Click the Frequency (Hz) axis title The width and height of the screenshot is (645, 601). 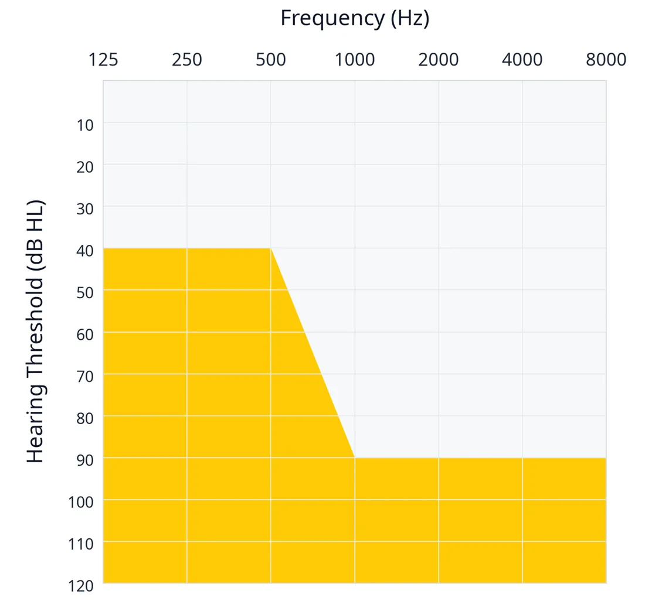[355, 19]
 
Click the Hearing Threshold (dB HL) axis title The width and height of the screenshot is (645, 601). [35, 332]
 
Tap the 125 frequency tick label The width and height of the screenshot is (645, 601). [103, 60]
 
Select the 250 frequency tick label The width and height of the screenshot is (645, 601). [186, 60]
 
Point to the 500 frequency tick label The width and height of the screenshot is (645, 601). [271, 60]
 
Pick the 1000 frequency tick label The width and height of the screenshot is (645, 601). [355, 60]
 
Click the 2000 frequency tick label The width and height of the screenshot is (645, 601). [439, 60]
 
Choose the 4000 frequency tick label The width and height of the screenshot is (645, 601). [522, 60]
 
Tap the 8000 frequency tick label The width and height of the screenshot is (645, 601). [606, 60]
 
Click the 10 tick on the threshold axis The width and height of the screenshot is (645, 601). [85, 125]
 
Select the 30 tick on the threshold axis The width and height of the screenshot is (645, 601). [85, 209]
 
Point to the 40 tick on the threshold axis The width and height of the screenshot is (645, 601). [85, 251]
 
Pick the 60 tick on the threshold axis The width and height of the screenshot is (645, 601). [85, 335]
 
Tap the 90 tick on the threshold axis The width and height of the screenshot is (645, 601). [85, 460]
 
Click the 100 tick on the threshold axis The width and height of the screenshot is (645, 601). [81, 503]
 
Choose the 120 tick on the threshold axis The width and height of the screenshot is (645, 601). [81, 586]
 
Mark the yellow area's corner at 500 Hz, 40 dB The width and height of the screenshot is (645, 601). [271, 248]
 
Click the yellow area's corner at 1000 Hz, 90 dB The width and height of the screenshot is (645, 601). [355, 457]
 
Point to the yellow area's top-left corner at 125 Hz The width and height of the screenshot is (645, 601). [103, 248]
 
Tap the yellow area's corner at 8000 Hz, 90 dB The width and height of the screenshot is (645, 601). [606, 457]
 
